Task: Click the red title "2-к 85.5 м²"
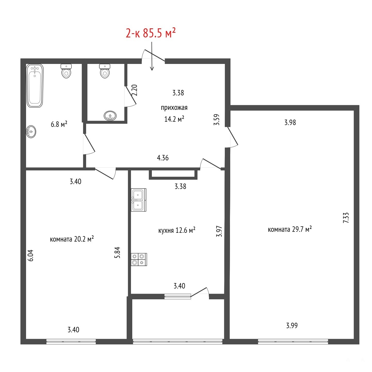click(151, 33)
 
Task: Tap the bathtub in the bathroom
click(35, 86)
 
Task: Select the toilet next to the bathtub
click(66, 71)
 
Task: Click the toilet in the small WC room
click(105, 71)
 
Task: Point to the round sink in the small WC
click(110, 116)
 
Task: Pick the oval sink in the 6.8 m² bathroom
click(31, 132)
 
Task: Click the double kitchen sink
click(139, 200)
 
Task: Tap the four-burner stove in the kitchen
click(139, 259)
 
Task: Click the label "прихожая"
click(174, 108)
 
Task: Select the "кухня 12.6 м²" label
click(177, 230)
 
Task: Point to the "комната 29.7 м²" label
click(290, 229)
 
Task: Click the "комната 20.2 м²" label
click(72, 239)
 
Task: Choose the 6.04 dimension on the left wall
click(30, 255)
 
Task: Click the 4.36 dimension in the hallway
click(163, 158)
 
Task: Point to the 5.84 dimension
click(117, 252)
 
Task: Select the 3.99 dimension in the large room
click(292, 326)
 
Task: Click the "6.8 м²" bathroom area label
click(59, 124)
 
